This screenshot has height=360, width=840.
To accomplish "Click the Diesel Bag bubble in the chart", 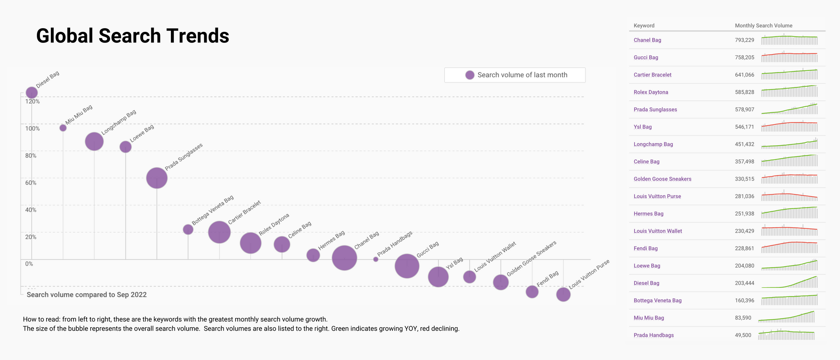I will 31,92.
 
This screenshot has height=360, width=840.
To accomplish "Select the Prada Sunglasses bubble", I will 157,178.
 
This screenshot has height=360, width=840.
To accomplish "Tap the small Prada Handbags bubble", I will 375,259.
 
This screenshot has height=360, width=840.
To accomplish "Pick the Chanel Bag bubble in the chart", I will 344,258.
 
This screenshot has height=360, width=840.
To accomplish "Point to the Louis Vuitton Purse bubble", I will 563,294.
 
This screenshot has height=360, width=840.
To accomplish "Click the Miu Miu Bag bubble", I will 63,128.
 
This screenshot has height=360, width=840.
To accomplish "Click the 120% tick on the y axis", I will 32,102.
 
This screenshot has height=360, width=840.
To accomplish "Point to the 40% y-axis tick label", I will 31,210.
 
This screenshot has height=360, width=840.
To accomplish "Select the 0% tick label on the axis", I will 29,264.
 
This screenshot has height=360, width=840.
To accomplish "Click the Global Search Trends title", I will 133,36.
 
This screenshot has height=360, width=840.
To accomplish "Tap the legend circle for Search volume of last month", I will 470,75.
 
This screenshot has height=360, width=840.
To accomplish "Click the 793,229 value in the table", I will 744,40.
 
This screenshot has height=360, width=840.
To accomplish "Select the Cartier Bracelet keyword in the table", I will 652,75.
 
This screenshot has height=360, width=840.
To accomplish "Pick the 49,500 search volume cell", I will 743,335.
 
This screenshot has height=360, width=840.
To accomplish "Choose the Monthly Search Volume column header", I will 763,26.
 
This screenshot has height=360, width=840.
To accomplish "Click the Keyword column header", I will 644,26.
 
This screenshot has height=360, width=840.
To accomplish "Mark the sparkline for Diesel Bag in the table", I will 789,282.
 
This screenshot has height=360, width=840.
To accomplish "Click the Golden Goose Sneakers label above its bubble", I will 531,259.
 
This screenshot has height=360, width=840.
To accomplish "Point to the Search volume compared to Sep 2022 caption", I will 87,295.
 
